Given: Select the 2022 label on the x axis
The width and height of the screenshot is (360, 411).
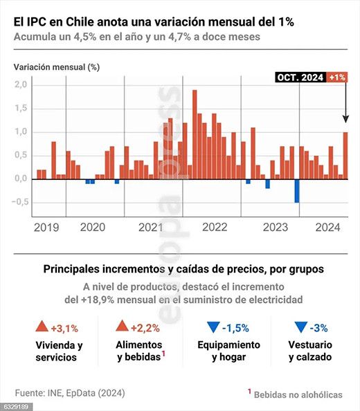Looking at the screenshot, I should [215, 227].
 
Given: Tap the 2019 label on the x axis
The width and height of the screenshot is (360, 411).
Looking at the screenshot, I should [46, 227].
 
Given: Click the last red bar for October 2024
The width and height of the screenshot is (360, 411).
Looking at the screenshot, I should [345, 156].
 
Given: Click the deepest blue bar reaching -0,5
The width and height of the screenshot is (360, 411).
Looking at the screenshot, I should [296, 191].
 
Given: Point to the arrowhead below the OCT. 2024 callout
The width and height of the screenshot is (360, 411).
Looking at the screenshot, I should [345, 119].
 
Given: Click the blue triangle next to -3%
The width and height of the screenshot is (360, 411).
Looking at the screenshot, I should [300, 327].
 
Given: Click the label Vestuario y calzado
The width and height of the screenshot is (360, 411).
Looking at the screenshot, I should [310, 351].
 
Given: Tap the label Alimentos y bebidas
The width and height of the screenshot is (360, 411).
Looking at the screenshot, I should [140, 351].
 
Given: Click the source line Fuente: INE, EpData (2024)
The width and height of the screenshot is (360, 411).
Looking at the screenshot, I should [70, 393].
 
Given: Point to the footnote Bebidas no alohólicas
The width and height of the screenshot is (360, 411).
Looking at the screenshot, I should [298, 394].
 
